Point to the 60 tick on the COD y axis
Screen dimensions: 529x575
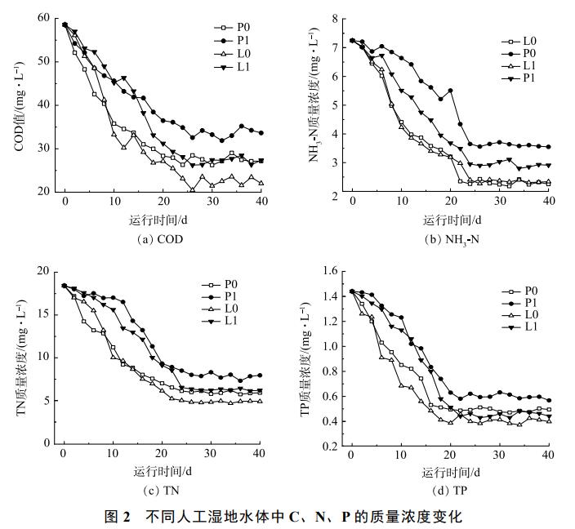[x=43, y=18]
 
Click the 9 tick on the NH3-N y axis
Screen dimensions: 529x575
[x=334, y=18]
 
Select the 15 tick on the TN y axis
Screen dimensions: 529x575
[x=43, y=314]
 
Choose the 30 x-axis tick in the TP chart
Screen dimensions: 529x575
[x=498, y=456]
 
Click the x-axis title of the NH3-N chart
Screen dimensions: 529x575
[x=450, y=220]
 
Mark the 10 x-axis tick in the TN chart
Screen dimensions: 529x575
[x=113, y=455]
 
